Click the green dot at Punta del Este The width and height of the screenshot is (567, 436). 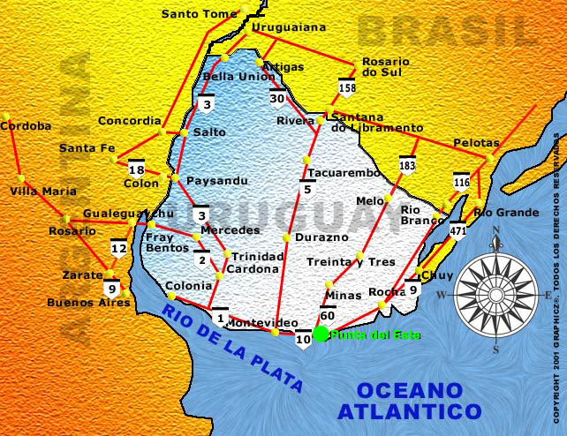[321, 334]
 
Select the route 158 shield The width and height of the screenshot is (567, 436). [347, 86]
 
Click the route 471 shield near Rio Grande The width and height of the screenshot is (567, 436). [457, 231]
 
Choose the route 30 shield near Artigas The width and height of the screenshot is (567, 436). [278, 97]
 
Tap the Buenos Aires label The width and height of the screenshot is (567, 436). [88, 303]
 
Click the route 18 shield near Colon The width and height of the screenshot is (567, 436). [136, 169]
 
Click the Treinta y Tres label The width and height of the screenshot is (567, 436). [351, 262]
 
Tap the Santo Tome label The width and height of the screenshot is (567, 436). [200, 13]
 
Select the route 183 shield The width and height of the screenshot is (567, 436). [407, 165]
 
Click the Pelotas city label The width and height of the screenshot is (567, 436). [476, 142]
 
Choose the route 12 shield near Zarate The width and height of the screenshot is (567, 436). [118, 248]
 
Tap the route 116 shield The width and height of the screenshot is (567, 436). [461, 182]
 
